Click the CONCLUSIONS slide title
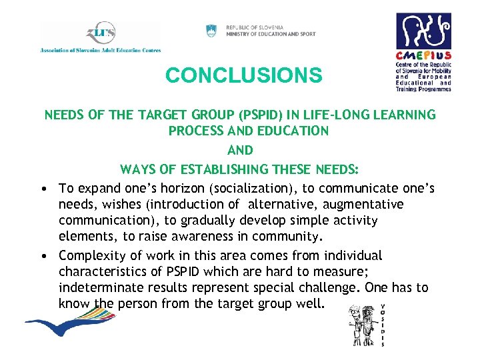click(243, 75)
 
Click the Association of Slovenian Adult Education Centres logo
click(100, 37)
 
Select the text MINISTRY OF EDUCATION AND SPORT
click(271, 34)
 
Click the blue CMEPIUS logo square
click(423, 31)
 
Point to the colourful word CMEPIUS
click(423, 57)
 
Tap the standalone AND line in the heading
click(241, 150)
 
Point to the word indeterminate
click(99, 287)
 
